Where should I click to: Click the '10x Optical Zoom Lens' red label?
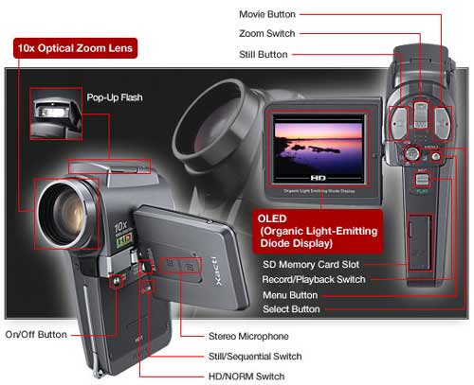(x=75, y=48)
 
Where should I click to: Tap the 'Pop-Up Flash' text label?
(x=115, y=97)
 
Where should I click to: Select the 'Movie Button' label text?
(x=267, y=14)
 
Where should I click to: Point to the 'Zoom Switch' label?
(x=267, y=33)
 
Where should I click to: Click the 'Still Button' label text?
(x=264, y=55)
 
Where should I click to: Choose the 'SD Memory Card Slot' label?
(x=311, y=264)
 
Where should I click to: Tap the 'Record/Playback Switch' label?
(x=314, y=279)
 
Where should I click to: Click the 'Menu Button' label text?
(x=290, y=295)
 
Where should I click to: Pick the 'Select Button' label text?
(x=291, y=309)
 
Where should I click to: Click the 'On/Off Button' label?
(x=36, y=335)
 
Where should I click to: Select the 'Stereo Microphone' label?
(x=248, y=337)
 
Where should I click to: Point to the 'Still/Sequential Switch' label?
(x=255, y=357)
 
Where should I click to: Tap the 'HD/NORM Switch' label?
(x=246, y=376)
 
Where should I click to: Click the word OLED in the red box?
(x=272, y=219)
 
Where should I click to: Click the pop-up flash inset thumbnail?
(x=56, y=114)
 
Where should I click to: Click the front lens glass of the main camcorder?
(x=64, y=215)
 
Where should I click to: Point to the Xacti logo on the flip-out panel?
(x=217, y=271)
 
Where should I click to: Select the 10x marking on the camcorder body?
(x=120, y=226)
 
